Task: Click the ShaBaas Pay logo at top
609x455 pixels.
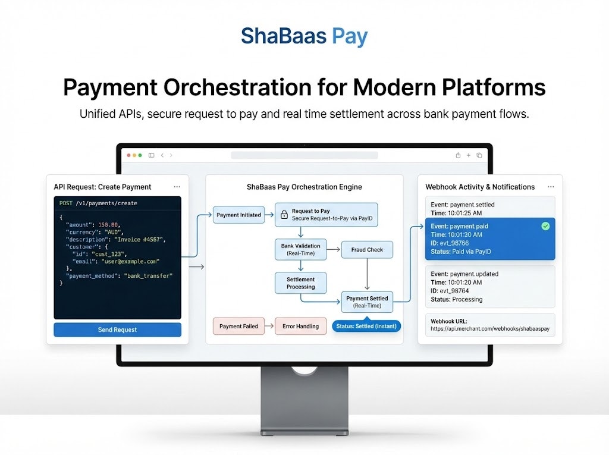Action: tap(304, 36)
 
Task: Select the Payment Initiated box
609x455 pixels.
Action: tap(238, 215)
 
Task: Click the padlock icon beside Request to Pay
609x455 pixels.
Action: tap(284, 214)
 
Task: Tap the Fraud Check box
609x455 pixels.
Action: tap(367, 250)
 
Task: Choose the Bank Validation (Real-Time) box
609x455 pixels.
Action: tap(300, 249)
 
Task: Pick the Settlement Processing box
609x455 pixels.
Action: tap(300, 283)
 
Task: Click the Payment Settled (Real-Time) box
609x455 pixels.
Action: tap(367, 302)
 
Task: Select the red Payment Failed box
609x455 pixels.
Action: tap(238, 326)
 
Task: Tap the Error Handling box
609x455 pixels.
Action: tap(300, 326)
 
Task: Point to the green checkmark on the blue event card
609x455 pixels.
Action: tap(545, 226)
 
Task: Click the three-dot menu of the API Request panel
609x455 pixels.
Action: tap(177, 187)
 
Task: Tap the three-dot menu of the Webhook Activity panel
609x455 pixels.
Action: tap(550, 187)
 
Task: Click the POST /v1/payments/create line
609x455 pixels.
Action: tap(98, 203)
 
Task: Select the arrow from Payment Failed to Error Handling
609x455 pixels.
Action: tap(269, 326)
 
